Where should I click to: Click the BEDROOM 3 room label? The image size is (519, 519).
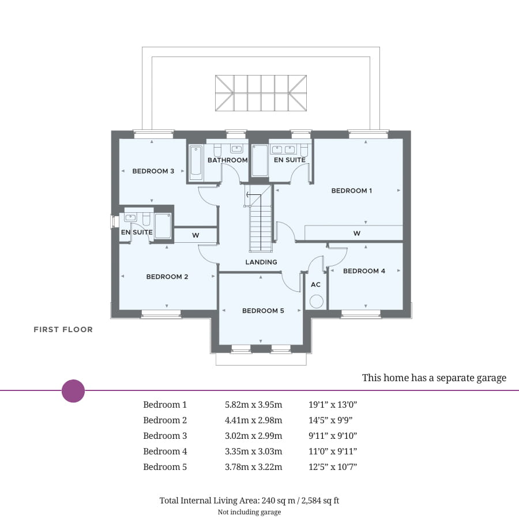coord(153,171)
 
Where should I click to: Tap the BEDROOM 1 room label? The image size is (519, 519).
coord(352,190)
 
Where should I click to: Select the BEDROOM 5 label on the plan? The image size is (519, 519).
coord(263,311)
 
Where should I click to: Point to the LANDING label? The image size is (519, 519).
coord(261,262)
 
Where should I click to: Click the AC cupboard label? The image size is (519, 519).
coord(315,284)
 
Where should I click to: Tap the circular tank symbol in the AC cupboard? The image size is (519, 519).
coord(316,301)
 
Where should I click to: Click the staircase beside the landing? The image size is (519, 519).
coord(261,222)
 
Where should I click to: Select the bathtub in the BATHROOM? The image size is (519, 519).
coord(195,162)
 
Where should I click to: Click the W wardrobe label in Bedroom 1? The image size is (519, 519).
coord(357,233)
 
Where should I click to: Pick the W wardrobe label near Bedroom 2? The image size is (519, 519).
coord(195,235)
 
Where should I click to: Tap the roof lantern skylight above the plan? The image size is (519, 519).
coord(261,93)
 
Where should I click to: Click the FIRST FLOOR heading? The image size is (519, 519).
coord(63,330)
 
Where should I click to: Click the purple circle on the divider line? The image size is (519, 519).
coord(73,391)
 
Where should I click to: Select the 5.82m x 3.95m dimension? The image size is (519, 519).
coord(253,405)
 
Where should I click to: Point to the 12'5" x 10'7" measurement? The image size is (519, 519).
coord(333,467)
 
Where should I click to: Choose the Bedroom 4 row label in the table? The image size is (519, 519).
coord(165,452)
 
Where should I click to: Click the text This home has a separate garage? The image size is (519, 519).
coord(434,378)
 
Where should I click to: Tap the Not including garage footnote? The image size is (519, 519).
coord(249,512)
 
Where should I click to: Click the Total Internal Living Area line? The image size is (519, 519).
coord(249,501)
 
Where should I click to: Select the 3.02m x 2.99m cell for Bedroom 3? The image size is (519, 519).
coord(253,436)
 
